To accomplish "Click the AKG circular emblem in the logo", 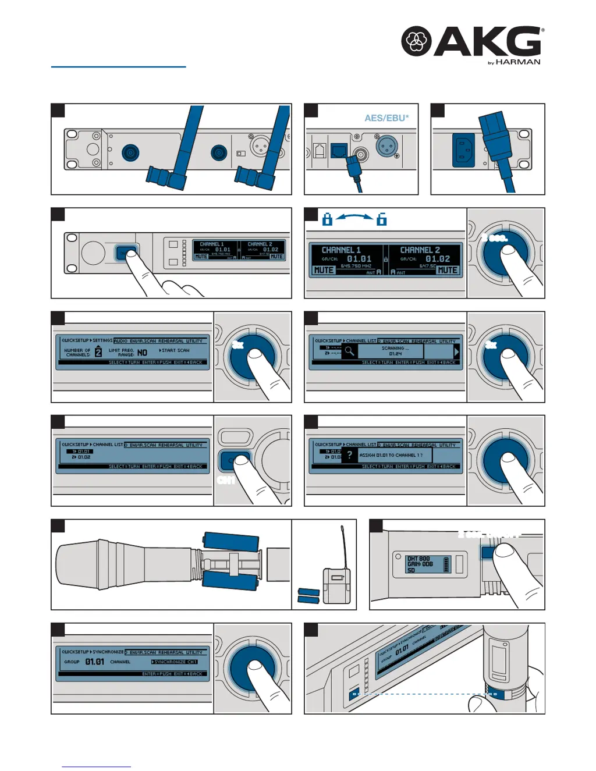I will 416,41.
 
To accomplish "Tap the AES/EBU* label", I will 386,118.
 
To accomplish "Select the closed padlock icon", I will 327,219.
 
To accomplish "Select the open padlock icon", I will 382,219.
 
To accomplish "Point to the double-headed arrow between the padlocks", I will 354,216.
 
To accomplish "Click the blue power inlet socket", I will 463,150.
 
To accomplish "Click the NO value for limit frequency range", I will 142,353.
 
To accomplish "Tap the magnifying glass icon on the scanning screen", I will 349,351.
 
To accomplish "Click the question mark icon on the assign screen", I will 349,455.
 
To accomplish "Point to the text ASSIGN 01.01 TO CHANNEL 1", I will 391,455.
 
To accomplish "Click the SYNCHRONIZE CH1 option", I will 175,662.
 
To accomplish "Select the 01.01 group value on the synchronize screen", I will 95,662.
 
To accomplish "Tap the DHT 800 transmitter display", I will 428,564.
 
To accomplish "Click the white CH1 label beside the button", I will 226,480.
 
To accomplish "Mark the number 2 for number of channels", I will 98,352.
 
